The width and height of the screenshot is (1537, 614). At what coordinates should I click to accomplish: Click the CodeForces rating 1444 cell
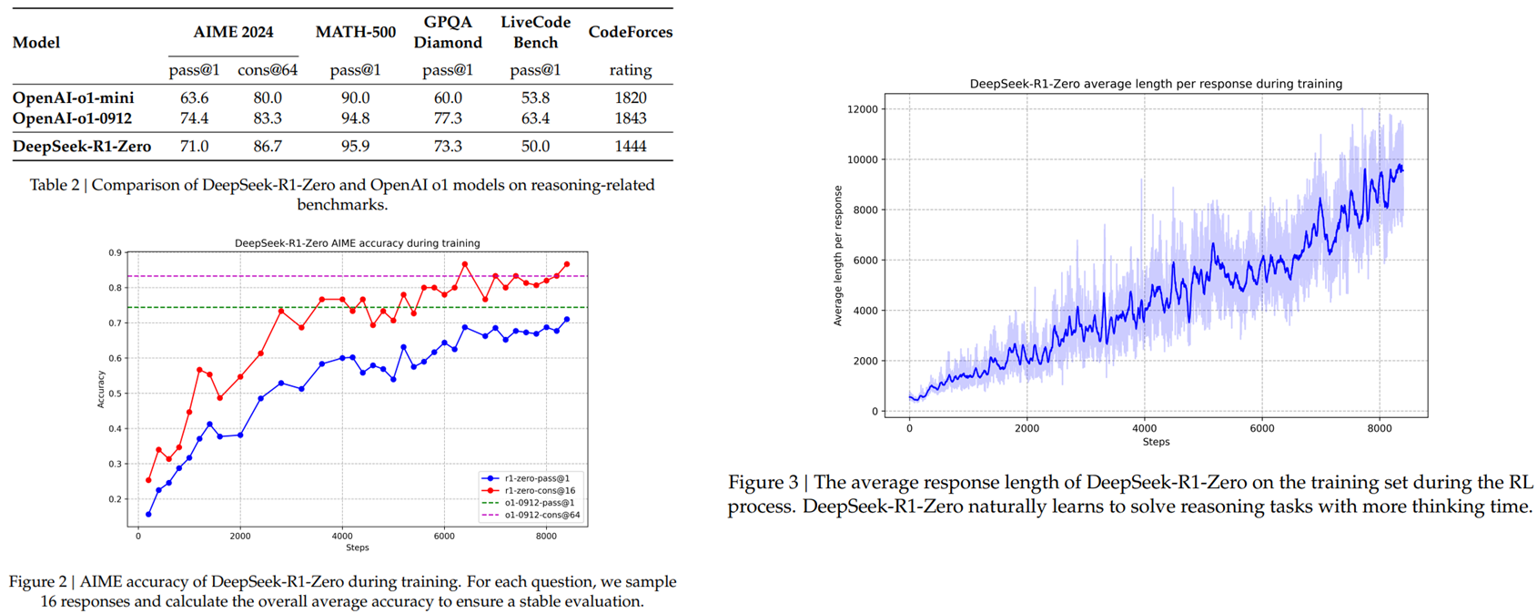click(631, 147)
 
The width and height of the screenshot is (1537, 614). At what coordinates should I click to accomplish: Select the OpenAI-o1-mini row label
click(73, 97)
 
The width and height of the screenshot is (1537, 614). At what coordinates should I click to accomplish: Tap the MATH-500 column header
click(356, 33)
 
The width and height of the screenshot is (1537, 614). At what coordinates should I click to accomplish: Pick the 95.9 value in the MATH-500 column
click(355, 147)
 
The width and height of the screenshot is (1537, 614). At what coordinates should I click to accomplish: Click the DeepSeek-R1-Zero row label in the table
click(82, 147)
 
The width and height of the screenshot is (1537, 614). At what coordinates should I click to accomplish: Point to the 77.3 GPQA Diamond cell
click(448, 118)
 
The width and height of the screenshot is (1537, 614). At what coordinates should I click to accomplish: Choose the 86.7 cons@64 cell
click(268, 147)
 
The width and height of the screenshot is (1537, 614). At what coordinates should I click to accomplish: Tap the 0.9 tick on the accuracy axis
click(115, 253)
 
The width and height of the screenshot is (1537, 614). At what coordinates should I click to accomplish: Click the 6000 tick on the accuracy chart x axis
click(444, 537)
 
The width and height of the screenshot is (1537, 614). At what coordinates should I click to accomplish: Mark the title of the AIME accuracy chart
click(357, 243)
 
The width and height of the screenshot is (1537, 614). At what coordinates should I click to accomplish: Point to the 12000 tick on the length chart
click(863, 109)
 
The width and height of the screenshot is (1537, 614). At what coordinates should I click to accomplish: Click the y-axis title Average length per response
click(838, 256)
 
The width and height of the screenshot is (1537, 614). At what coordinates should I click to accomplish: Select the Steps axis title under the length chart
click(1156, 442)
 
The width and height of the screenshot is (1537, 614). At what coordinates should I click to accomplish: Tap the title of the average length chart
click(1156, 84)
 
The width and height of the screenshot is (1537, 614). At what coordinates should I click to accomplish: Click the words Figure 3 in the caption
click(766, 483)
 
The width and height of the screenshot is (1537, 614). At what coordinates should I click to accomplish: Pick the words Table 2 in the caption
click(55, 185)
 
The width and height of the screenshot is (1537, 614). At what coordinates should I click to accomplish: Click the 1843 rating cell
click(631, 118)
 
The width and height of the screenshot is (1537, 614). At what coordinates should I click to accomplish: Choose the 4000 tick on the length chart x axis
click(1144, 428)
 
